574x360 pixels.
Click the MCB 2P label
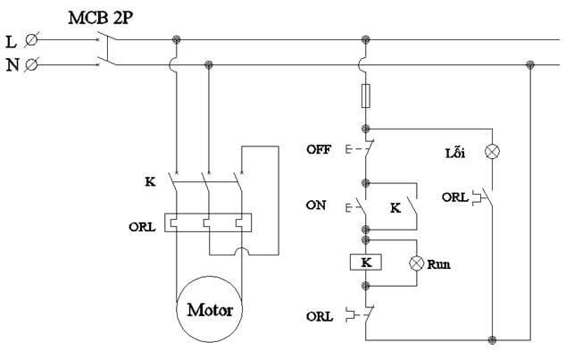[x=100, y=16]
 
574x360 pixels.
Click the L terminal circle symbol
[x=33, y=40]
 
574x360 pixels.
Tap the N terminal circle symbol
[x=33, y=64]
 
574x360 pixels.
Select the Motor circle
[x=210, y=311]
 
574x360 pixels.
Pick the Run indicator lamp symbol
[x=415, y=264]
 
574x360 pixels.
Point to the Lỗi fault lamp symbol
[x=491, y=152]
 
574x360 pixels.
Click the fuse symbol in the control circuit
[x=366, y=96]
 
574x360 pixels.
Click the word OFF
[x=319, y=148]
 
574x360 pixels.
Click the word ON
[x=316, y=205]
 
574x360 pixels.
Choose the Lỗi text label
[x=455, y=152]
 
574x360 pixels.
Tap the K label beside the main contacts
[x=149, y=181]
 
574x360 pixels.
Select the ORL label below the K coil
[x=319, y=316]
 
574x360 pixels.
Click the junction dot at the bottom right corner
[x=492, y=339]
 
